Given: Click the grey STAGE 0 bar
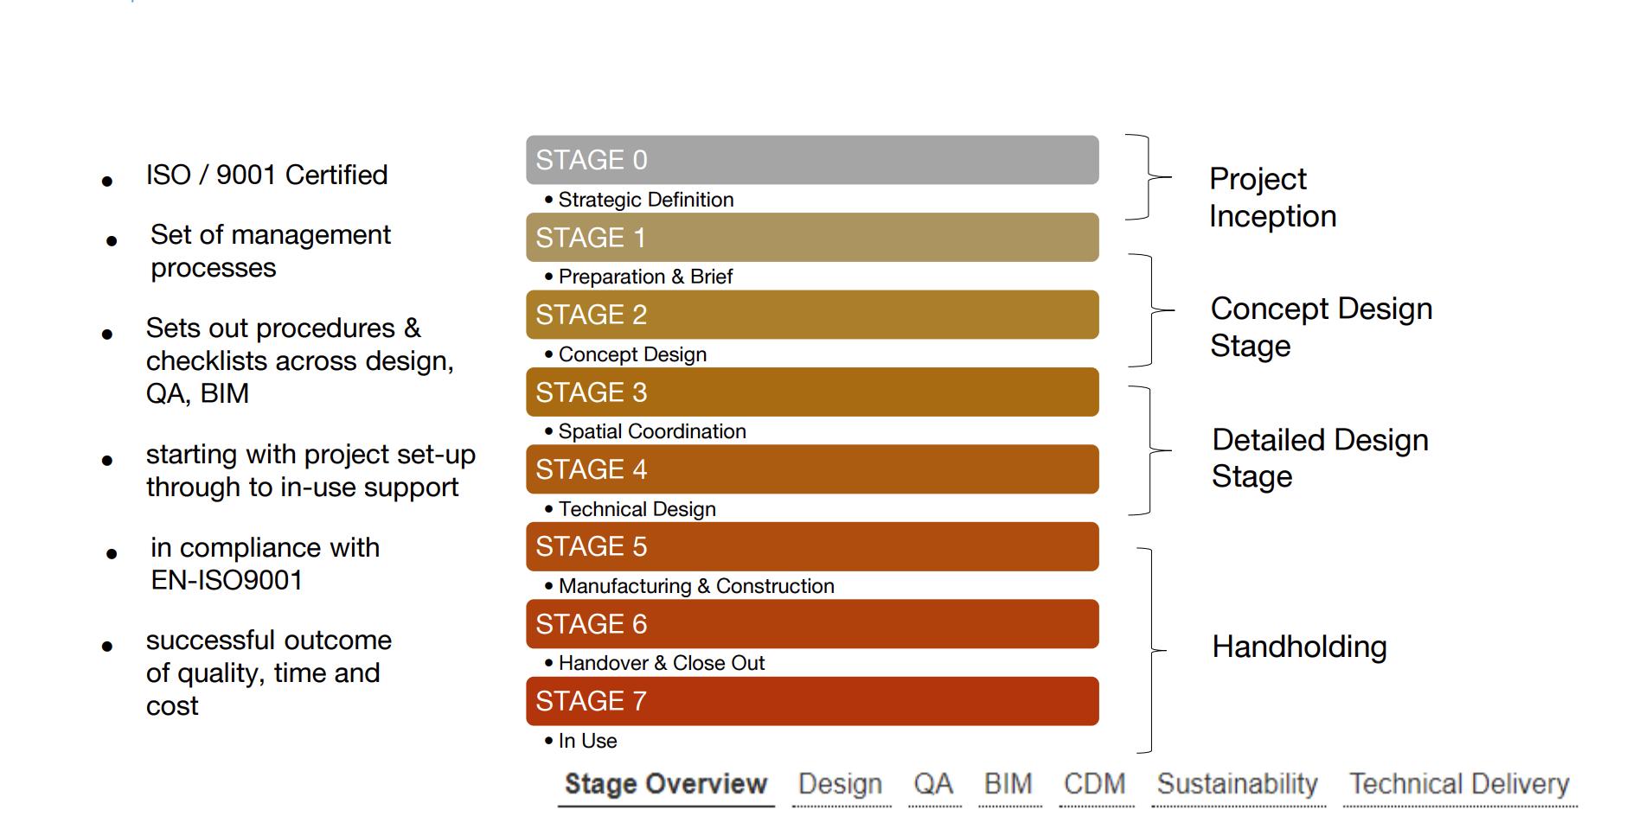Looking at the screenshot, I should [811, 160].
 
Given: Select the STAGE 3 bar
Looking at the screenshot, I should [811, 392].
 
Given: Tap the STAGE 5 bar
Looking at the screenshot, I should [811, 546].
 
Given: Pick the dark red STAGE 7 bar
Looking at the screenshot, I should [811, 701].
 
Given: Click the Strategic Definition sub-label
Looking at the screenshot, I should [645, 200].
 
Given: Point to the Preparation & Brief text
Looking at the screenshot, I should [644, 277].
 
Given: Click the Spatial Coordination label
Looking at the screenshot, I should [651, 431].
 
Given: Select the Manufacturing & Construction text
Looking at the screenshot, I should [695, 586].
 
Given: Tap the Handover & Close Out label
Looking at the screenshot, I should [661, 663].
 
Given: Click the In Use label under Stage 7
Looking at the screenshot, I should [587, 741].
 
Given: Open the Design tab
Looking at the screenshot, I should [840, 784].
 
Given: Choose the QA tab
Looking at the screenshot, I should [933, 784].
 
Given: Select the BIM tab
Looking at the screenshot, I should [1008, 784].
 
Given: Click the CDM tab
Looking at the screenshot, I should [1095, 784].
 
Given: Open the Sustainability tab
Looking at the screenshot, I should [1237, 784].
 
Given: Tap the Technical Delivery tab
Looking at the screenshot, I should [1459, 784].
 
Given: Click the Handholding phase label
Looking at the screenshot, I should [1299, 647].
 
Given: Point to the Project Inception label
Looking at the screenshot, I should [1272, 197].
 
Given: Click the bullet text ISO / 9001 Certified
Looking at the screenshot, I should [266, 175].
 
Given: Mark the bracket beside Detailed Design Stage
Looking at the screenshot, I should [1149, 450].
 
